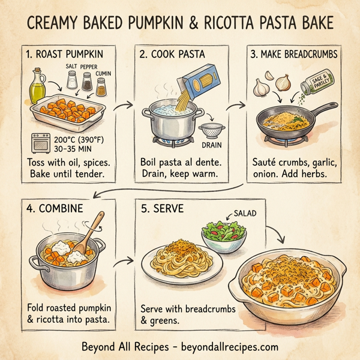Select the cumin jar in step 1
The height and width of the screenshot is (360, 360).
(x=103, y=85)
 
